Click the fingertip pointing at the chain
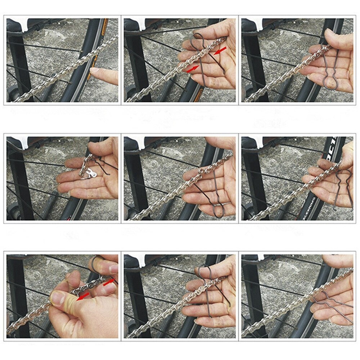coord(93,72)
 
